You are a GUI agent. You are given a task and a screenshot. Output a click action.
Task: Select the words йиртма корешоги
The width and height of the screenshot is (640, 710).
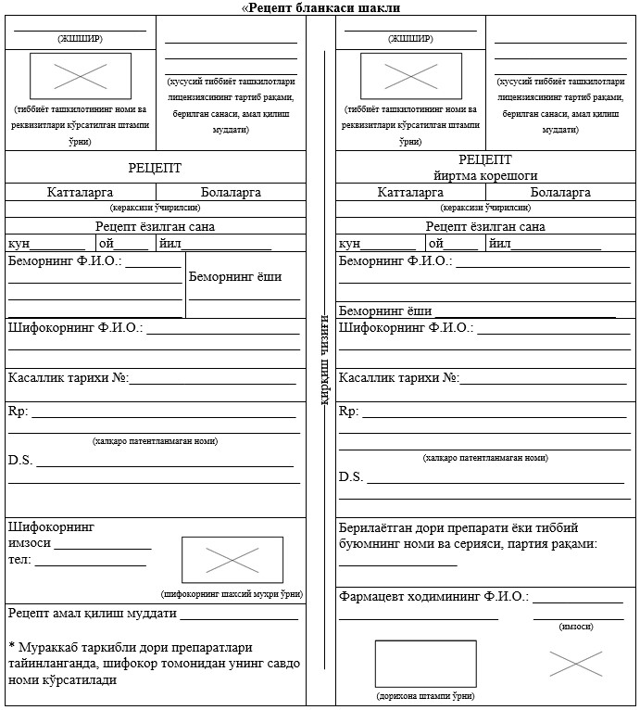pos(485,175)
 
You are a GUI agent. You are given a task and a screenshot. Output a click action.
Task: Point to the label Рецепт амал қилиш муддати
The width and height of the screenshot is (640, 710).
pos(92,614)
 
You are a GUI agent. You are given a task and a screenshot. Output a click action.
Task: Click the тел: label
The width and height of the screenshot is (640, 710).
pos(19,560)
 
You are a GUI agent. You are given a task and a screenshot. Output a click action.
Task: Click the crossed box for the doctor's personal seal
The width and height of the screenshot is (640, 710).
pos(232,560)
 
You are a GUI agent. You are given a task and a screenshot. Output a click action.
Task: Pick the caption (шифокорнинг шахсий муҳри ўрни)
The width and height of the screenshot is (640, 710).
pos(232,594)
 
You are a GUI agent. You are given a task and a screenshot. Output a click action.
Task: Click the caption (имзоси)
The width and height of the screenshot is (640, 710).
pos(577,627)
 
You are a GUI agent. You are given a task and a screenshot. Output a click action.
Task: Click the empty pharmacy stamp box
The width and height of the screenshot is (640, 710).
pos(425,664)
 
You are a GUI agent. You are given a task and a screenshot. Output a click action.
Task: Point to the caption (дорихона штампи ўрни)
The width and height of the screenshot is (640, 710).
pos(425,695)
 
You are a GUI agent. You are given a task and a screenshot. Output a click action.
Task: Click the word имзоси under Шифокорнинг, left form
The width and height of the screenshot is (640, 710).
pos(29,543)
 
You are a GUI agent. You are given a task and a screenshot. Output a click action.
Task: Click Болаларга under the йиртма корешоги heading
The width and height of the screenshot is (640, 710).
pos(560,193)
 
